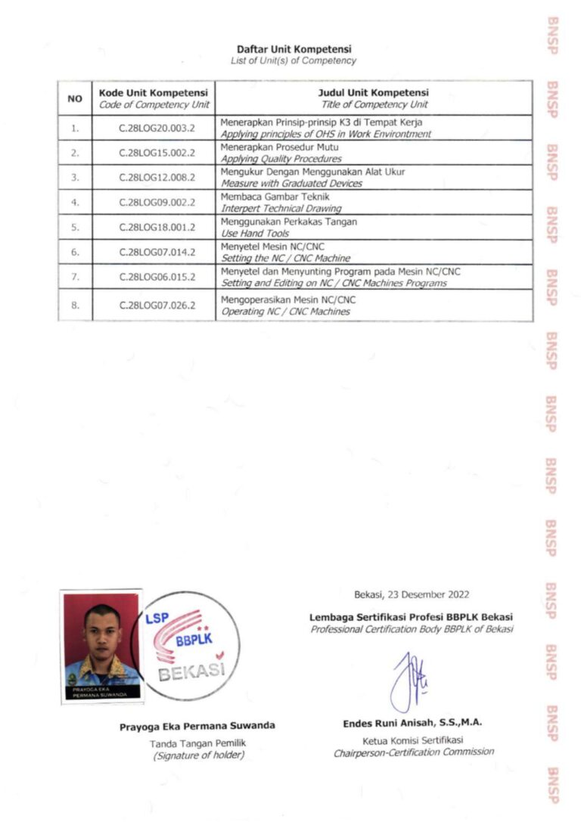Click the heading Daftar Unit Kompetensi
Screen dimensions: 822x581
point(294,49)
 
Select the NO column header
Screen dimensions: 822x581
point(75,98)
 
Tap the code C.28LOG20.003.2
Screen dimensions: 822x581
point(157,129)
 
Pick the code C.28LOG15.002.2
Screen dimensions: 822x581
point(157,154)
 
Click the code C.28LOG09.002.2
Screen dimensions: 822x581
point(157,202)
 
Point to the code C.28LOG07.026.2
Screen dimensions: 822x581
point(157,306)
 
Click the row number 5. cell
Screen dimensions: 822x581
point(75,227)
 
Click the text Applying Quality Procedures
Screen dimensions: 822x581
point(281,160)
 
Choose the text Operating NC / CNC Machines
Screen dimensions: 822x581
point(285,312)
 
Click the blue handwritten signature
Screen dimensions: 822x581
point(409,679)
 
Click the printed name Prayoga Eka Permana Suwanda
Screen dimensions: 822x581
point(197,726)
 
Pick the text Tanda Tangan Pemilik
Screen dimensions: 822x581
point(197,743)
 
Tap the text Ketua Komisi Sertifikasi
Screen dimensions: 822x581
point(412,740)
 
